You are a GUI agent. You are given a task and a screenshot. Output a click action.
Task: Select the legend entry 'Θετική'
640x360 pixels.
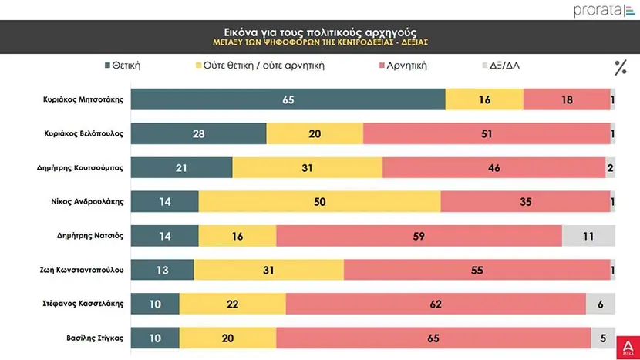pos(123,66)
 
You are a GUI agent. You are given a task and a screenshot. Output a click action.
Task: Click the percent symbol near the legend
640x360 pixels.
pos(620,67)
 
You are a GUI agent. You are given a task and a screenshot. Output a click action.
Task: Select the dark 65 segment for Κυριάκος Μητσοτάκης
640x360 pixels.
pos(288,99)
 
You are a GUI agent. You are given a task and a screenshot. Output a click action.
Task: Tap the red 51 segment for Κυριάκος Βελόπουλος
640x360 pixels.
pos(486,133)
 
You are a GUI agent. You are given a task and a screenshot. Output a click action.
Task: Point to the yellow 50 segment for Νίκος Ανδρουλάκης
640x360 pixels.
pos(319,202)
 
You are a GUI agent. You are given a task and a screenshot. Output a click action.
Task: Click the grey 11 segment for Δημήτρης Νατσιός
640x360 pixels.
pos(588,235)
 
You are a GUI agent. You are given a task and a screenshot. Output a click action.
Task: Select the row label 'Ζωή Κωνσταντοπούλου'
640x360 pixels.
pos(83,270)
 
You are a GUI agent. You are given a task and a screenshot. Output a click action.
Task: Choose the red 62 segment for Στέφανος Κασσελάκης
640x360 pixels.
pos(436,304)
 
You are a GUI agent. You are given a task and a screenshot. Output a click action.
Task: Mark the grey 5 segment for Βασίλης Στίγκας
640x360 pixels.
pos(602,337)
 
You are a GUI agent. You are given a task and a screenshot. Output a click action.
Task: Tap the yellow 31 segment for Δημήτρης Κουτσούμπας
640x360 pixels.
pos(307,167)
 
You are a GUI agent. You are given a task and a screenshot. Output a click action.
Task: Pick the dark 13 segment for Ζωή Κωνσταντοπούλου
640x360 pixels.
pos(163,270)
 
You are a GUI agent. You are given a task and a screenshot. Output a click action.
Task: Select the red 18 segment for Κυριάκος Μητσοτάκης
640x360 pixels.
pos(567,99)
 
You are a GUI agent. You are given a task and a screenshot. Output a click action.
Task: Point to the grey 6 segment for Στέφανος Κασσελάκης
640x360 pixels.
pos(600,304)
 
